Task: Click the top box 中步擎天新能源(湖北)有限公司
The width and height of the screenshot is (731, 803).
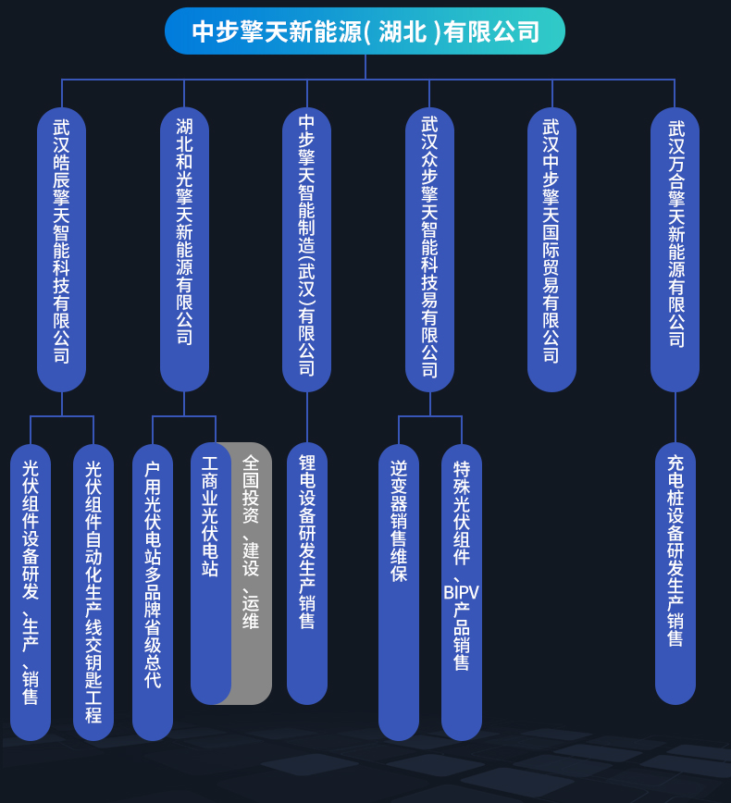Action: (x=365, y=31)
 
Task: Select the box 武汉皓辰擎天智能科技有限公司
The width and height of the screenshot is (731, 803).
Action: (x=61, y=250)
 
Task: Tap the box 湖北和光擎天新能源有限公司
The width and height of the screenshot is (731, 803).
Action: (x=184, y=250)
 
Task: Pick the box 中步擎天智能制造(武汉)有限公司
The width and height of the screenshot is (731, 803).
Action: (x=307, y=250)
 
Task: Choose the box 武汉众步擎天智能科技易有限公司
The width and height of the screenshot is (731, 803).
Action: (x=429, y=250)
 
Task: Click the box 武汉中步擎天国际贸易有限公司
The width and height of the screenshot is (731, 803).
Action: (x=552, y=250)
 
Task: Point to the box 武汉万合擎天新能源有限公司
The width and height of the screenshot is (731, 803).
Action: (x=675, y=250)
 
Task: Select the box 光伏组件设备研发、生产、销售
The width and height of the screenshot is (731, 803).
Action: (x=31, y=592)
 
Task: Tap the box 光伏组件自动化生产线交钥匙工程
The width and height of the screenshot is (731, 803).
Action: (x=93, y=592)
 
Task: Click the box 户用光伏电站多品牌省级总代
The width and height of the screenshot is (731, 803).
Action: (x=153, y=592)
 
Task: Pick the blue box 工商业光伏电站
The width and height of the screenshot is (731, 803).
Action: (x=210, y=573)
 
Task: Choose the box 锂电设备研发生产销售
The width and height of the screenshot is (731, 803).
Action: (x=307, y=573)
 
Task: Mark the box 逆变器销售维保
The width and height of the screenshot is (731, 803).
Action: (x=399, y=592)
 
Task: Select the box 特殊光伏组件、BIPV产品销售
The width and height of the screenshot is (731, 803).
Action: (x=462, y=592)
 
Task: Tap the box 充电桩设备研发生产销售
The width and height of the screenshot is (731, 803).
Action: (x=675, y=573)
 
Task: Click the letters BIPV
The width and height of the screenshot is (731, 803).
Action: (x=461, y=592)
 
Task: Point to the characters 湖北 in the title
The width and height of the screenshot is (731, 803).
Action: (x=403, y=31)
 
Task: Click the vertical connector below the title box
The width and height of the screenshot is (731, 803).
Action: (x=365, y=67)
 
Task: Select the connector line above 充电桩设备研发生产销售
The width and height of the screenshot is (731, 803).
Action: (x=675, y=417)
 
